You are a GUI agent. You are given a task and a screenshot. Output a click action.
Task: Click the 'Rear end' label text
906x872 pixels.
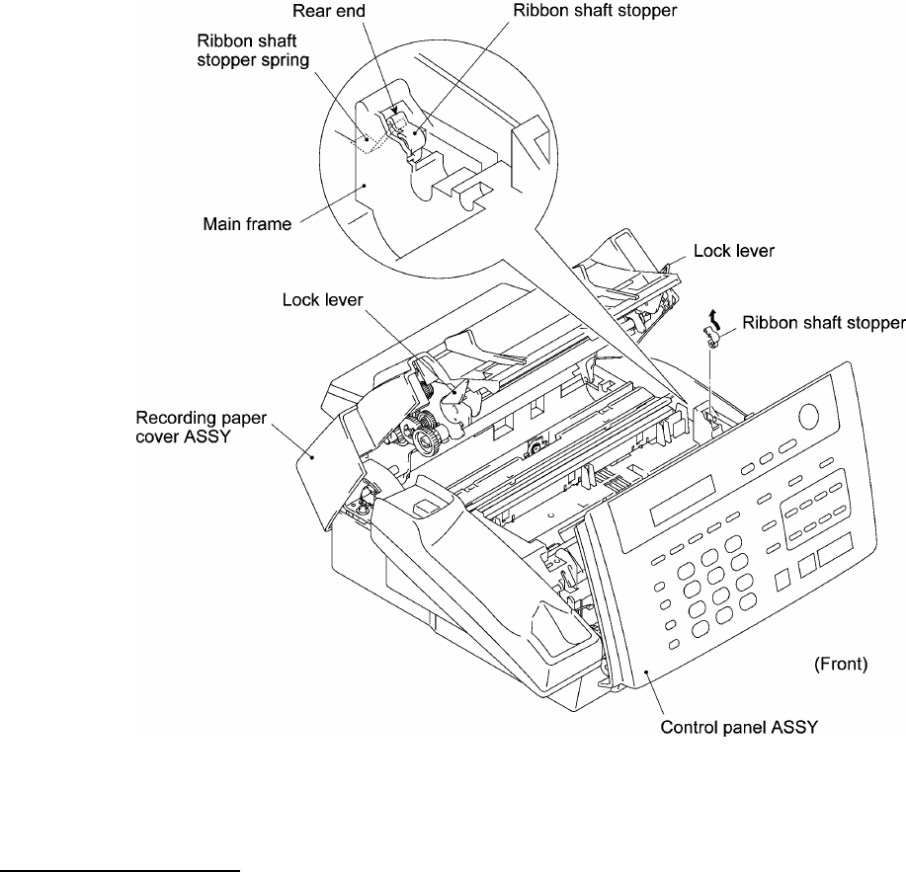click(329, 11)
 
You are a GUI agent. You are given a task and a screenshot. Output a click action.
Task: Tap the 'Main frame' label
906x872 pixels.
click(247, 224)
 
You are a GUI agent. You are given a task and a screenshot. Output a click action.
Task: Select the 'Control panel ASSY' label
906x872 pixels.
click(739, 727)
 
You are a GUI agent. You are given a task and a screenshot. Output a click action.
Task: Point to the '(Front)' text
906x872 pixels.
click(841, 664)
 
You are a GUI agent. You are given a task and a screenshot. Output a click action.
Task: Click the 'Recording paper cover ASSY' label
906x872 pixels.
click(202, 427)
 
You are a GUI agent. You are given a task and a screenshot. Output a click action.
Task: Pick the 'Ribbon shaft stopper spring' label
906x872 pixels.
click(253, 50)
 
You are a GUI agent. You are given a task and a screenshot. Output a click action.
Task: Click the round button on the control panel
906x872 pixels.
click(808, 417)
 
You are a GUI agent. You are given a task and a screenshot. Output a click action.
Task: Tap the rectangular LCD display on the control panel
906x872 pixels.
click(683, 500)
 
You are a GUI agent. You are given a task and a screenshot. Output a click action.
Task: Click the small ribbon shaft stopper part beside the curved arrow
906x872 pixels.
click(710, 338)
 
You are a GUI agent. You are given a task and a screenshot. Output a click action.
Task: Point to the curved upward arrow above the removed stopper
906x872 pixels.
click(714, 318)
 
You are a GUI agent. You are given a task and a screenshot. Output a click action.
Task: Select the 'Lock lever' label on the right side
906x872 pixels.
click(734, 251)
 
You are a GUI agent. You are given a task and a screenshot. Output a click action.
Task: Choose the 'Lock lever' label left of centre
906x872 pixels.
click(322, 299)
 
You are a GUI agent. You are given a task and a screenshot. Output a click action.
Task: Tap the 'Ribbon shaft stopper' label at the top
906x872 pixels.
click(595, 11)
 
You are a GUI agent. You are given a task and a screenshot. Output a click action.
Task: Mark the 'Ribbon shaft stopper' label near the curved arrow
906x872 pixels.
click(823, 322)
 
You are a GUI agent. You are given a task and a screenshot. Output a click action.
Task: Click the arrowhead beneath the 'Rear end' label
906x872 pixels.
click(393, 110)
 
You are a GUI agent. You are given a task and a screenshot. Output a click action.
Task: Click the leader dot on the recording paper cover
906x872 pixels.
click(312, 457)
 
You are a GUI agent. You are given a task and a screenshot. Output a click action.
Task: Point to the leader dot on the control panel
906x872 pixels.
click(648, 673)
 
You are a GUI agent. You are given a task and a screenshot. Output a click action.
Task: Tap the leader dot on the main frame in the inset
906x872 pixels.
click(365, 186)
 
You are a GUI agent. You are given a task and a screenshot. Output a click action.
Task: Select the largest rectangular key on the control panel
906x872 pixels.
click(836, 549)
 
